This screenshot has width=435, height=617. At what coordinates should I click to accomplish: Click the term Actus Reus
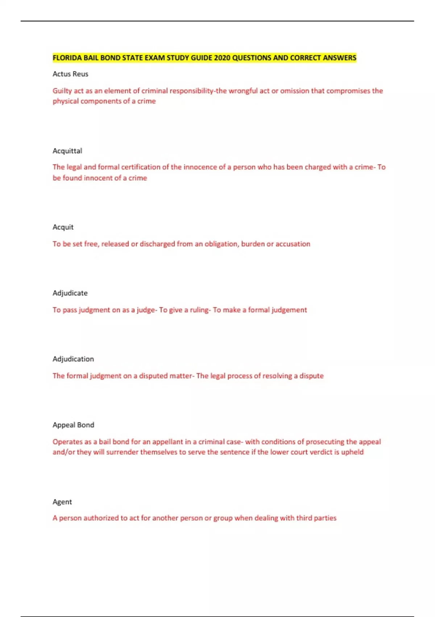(70, 74)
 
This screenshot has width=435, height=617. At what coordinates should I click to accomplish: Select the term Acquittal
(67, 151)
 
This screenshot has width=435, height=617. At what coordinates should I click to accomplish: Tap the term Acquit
(63, 227)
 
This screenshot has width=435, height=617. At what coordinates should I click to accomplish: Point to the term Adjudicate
(70, 293)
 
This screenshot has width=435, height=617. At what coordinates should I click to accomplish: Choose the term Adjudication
(73, 359)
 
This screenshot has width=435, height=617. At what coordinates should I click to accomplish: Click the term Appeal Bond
(73, 425)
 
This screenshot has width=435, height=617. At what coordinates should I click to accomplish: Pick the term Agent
(62, 502)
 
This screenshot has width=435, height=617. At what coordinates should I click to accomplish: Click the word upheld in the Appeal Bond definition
(352, 452)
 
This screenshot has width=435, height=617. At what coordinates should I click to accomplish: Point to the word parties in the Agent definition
(325, 518)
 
